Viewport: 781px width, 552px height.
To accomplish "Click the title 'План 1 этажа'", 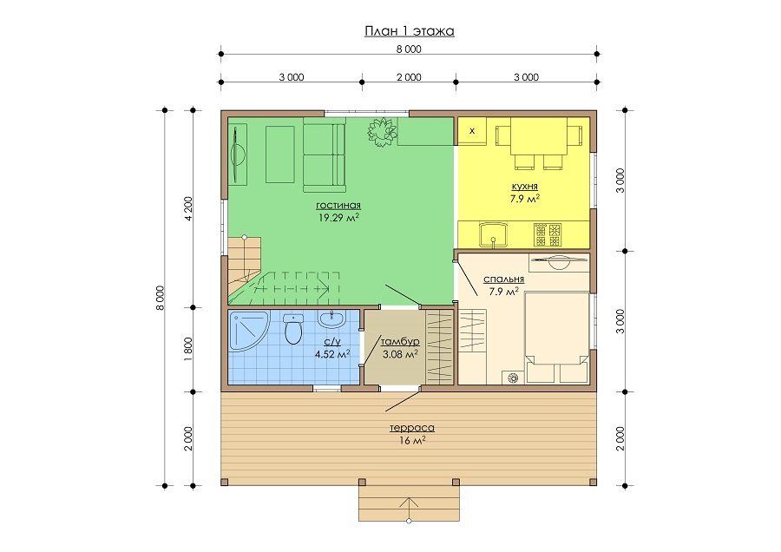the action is click(x=410, y=31).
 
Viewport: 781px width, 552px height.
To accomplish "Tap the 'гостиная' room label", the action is click(x=338, y=205).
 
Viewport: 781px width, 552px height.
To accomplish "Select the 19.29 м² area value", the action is click(x=338, y=217).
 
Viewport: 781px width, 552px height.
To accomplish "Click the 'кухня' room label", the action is click(x=524, y=187).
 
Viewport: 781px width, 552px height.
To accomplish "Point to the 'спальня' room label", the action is click(x=503, y=279).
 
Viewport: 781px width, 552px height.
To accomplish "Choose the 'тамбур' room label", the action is click(x=400, y=342).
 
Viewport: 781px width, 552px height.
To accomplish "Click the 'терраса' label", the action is click(x=412, y=428).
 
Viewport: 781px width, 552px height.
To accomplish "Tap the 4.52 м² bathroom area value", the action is click(x=332, y=354).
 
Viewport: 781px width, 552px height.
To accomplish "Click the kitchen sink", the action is click(x=493, y=235).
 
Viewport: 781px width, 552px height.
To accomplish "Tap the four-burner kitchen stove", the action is click(x=548, y=234).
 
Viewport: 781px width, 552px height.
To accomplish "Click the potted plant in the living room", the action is click(x=382, y=132).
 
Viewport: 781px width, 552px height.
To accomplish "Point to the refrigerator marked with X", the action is click(x=472, y=131).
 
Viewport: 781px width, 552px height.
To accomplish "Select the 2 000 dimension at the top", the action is click(x=409, y=77).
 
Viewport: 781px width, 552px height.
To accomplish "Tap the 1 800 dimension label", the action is click(x=189, y=350).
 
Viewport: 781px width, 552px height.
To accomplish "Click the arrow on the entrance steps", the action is click(x=409, y=509).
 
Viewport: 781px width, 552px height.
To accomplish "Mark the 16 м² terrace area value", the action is click(x=412, y=440).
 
